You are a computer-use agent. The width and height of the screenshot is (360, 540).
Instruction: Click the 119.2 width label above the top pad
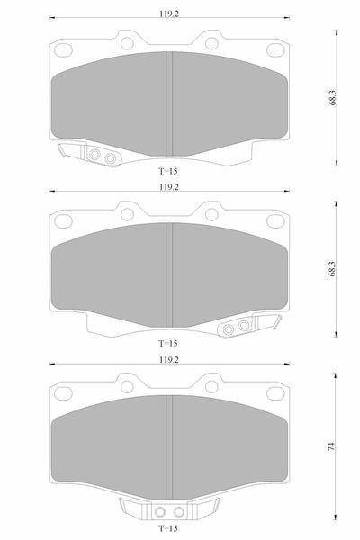(x=169, y=13)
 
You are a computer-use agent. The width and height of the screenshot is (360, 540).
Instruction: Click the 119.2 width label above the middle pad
(x=169, y=187)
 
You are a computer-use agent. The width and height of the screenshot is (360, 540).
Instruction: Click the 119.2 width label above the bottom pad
(x=169, y=359)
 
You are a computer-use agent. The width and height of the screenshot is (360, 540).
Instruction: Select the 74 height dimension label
(x=331, y=446)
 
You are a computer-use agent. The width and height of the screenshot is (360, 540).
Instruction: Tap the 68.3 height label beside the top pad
(x=332, y=97)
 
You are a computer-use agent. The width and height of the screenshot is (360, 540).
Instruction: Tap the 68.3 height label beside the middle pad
(x=332, y=268)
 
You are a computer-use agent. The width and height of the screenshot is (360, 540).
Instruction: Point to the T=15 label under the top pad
(x=168, y=171)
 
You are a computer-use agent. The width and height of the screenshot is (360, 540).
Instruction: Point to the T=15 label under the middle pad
(x=168, y=344)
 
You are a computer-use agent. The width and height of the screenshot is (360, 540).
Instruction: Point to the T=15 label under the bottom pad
(x=168, y=528)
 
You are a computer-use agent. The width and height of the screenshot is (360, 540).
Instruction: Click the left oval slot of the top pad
(x=63, y=49)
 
